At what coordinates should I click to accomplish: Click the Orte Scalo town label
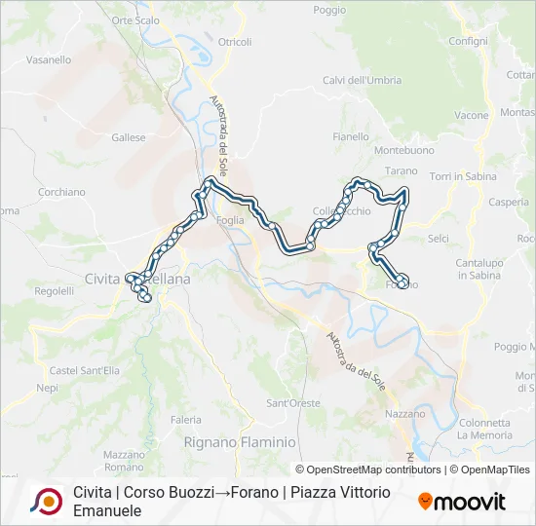click(x=135, y=19)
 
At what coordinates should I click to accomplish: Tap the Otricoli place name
click(x=235, y=42)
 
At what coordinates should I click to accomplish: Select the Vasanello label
click(x=49, y=59)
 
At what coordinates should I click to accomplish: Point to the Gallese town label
click(x=128, y=138)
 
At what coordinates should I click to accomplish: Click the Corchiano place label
click(x=62, y=193)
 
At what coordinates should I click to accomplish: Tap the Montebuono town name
click(x=404, y=151)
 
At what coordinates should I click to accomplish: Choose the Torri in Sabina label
click(x=463, y=176)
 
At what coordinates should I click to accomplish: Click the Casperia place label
click(x=509, y=203)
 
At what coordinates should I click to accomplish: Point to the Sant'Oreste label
click(x=293, y=403)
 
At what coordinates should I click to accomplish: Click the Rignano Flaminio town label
click(x=240, y=442)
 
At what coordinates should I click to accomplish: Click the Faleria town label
click(x=186, y=419)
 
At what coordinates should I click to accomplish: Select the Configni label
click(x=469, y=41)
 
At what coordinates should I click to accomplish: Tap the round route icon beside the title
click(x=45, y=501)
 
